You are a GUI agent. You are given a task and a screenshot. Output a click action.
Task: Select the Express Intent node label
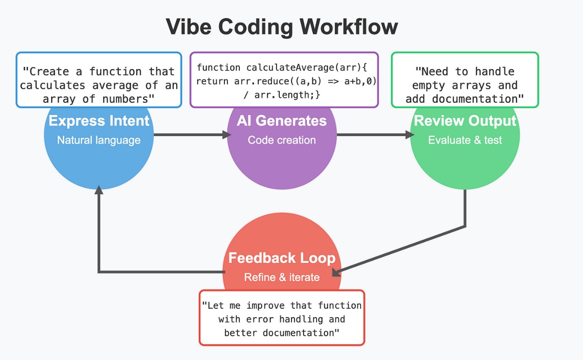pos(99,121)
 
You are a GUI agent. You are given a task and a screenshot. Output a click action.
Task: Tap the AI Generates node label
pos(281,121)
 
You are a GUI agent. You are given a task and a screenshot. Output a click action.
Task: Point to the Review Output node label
pos(465,121)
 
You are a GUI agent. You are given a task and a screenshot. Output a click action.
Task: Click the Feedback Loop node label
pos(281,258)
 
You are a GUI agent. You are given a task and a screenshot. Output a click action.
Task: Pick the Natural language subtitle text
pos(99,140)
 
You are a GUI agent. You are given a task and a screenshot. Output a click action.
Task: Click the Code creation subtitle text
pos(281,140)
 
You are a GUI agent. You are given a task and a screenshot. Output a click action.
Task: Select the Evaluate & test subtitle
pos(465,140)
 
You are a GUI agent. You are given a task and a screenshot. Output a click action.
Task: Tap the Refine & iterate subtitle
pos(281,277)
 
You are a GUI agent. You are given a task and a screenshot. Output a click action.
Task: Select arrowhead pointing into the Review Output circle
pos(410,135)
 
